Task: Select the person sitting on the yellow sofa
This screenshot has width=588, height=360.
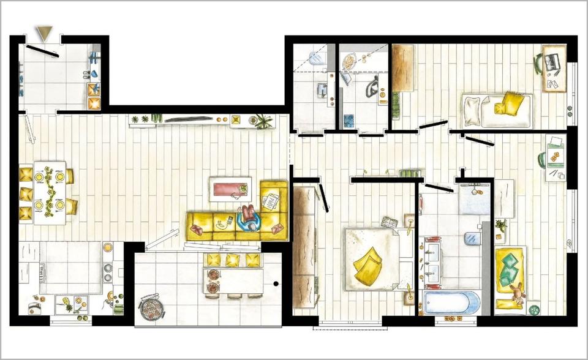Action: click(248, 218)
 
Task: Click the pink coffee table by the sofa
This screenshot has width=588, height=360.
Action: click(230, 187)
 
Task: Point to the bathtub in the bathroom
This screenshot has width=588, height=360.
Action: click(452, 303)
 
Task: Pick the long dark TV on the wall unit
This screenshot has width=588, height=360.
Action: click(189, 119)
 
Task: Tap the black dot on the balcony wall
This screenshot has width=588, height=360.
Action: click(276, 283)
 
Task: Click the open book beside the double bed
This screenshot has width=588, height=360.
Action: click(390, 222)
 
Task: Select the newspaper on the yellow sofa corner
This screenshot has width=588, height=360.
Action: click(270, 200)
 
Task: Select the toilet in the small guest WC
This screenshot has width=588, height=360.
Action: click(317, 58)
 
